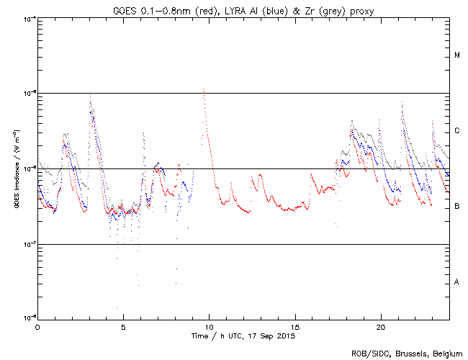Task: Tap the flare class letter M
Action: [x=457, y=55]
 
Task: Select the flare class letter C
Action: [x=457, y=131]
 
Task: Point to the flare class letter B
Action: [x=457, y=207]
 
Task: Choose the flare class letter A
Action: [x=457, y=282]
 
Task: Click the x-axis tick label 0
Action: [x=37, y=327]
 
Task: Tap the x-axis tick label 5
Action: [x=123, y=327]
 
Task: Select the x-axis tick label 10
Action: [x=209, y=327]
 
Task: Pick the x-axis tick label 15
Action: [x=295, y=327]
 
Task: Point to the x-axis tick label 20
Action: [x=381, y=327]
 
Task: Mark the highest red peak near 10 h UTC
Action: [x=204, y=89]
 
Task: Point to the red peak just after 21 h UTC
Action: [x=402, y=103]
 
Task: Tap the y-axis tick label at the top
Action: [x=28, y=19]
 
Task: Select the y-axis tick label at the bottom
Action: [x=28, y=318]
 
